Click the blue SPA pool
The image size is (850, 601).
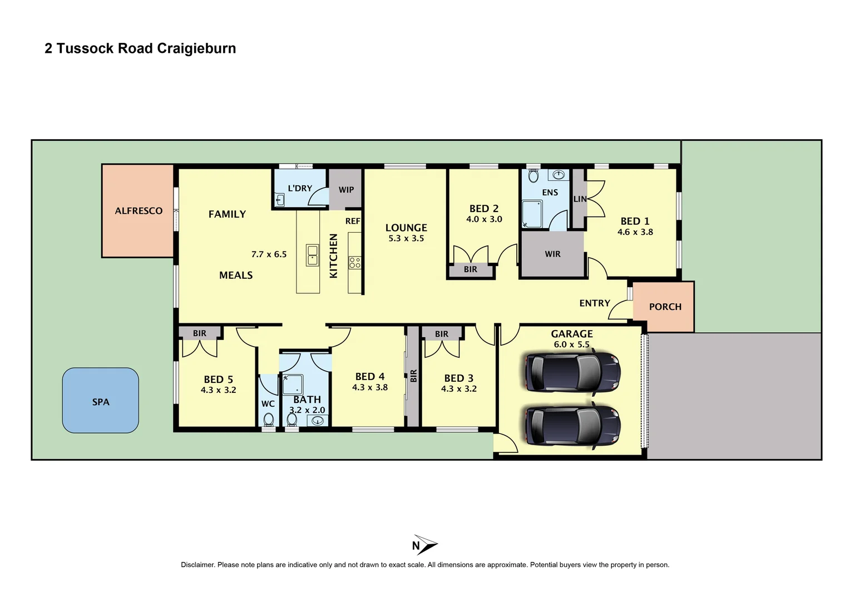100,400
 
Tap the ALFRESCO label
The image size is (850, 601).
139,211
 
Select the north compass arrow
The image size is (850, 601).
426,545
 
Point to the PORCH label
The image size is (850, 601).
665,307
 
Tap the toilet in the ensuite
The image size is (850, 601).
533,176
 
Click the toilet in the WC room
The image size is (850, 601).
269,419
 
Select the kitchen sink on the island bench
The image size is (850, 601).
313,255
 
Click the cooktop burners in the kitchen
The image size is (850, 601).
355,263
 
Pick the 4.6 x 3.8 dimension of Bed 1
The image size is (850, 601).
635,232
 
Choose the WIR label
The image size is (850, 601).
552,254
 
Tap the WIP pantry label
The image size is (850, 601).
346,190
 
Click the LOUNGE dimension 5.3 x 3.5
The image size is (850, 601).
406,238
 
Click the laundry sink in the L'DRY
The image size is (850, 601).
280,199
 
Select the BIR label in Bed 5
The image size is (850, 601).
199,333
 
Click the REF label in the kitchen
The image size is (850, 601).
353,221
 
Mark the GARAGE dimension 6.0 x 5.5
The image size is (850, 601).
571,344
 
